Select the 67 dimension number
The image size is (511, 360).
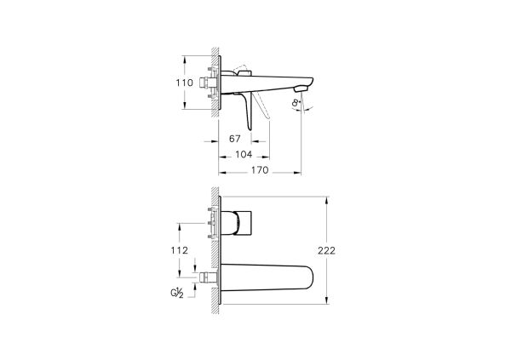point(236,139)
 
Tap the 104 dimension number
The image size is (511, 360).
point(244,155)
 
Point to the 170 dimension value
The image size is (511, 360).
point(261,170)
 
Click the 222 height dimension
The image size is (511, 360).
point(339,251)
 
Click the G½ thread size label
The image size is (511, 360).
point(180,294)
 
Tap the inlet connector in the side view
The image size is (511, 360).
point(208,83)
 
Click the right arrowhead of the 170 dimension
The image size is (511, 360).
point(301,171)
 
